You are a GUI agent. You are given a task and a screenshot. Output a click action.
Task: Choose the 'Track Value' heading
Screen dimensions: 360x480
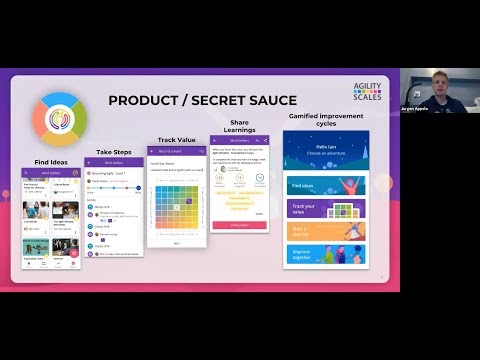point(177,140)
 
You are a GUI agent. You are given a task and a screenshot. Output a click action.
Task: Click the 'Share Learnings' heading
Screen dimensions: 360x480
point(238,125)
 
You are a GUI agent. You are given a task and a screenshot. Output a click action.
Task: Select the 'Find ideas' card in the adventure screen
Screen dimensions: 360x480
point(329,186)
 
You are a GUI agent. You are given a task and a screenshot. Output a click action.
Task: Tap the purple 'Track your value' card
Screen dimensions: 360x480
point(329,208)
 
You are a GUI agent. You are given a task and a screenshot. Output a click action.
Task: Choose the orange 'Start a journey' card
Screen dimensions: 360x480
point(329,231)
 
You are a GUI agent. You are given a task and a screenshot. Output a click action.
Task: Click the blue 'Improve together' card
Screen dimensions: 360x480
point(329,254)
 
